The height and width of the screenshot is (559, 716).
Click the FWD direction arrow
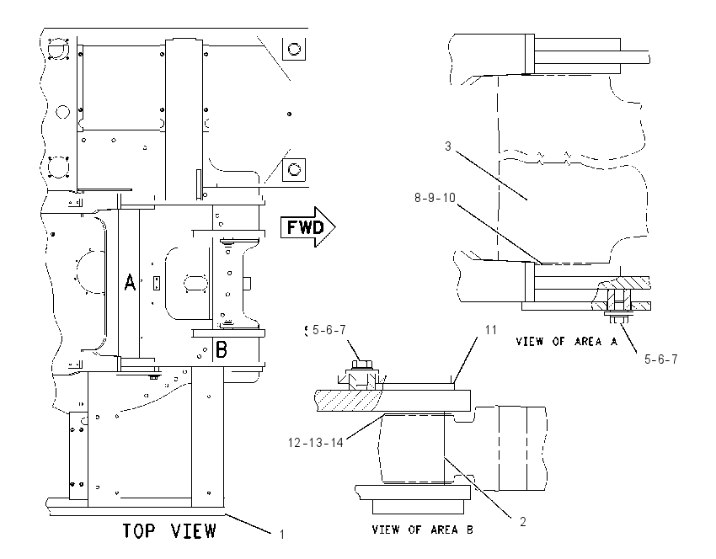[x=308, y=226]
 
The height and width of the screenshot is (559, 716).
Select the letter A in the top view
[x=130, y=282]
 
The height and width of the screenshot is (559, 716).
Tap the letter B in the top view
[x=221, y=350]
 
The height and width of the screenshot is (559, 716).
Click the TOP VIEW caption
[x=169, y=530]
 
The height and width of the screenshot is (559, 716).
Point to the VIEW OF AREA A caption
[x=566, y=341]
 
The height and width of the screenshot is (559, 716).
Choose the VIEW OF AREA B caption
[x=422, y=530]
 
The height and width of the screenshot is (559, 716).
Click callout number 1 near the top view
[x=281, y=534]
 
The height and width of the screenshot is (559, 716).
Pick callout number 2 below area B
[x=523, y=521]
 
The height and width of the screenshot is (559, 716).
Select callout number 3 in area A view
[x=448, y=146]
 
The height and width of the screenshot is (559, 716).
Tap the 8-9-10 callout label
[x=435, y=198]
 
